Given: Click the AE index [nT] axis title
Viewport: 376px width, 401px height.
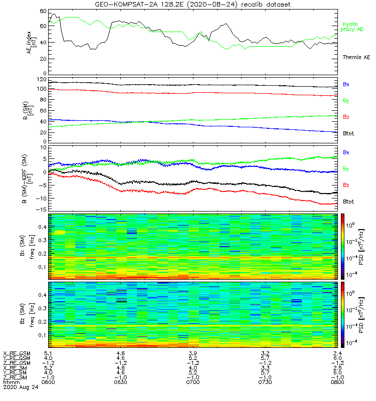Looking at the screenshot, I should click(29, 42).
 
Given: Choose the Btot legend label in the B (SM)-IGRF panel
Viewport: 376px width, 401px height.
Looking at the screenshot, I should click(349, 202).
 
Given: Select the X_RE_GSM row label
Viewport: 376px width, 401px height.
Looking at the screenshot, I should click(17, 353).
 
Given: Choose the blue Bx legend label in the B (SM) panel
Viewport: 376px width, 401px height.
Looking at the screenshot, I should click(346, 85).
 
